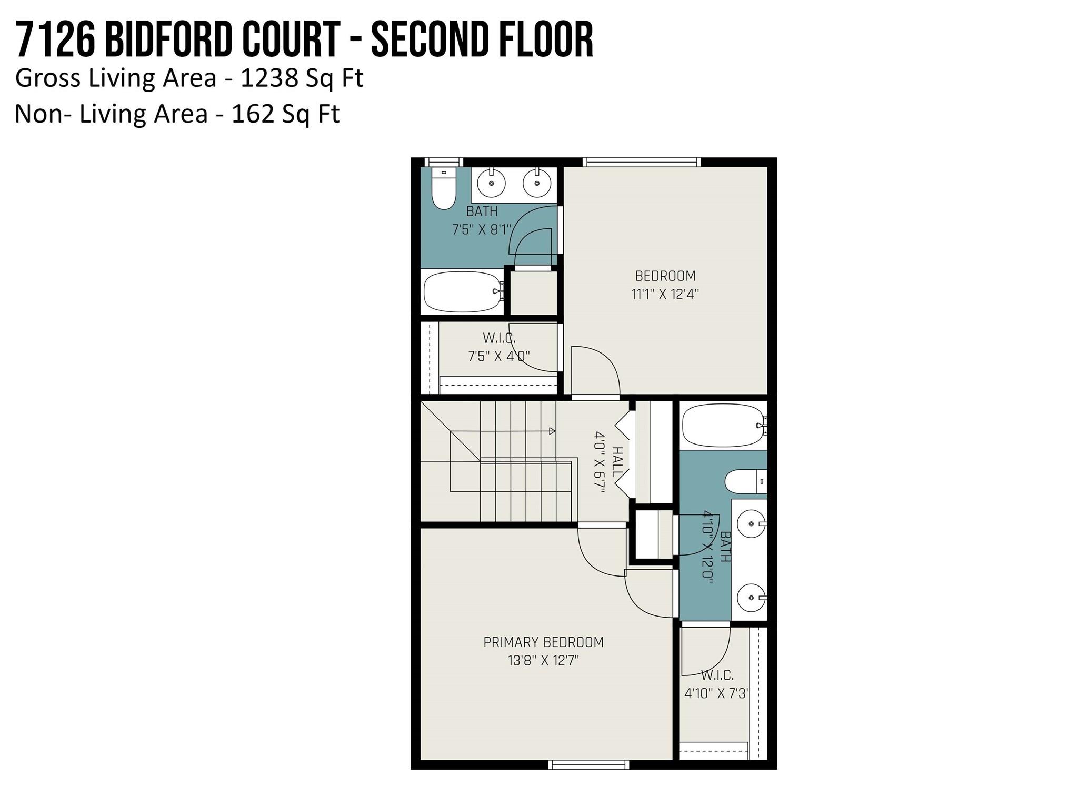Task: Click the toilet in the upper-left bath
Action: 444,190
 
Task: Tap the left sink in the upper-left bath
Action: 491,183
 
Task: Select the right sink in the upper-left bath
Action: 536,183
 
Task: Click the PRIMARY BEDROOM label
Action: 543,642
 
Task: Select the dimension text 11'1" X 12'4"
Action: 665,294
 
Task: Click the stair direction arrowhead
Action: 552,431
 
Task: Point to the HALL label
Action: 617,462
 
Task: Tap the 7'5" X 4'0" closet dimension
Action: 498,356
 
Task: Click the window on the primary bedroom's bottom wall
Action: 588,764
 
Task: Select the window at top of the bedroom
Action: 641,162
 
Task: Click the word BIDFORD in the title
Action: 168,41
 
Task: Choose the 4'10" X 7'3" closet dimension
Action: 716,693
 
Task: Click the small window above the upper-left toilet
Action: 443,162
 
